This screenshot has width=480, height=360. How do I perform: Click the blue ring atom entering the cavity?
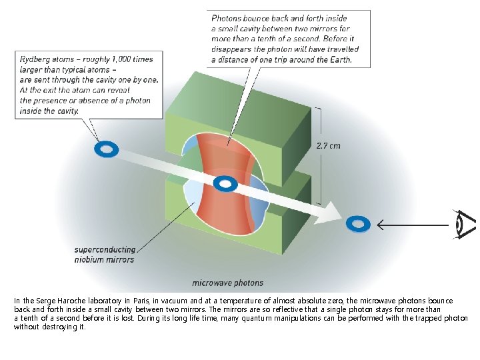coord(107,149)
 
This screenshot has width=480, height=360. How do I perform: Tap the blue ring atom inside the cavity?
coord(225,184)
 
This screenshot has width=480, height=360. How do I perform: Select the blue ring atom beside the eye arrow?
coord(358,224)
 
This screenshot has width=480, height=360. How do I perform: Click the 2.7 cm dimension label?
coord(328,146)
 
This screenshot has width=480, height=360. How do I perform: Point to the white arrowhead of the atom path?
coord(330,213)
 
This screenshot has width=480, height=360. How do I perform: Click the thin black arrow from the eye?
coord(413,225)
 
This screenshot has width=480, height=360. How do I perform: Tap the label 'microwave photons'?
coord(228,283)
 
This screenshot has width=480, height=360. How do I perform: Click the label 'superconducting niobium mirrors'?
coord(105,255)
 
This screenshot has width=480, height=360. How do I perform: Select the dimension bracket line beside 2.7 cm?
coord(320,156)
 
